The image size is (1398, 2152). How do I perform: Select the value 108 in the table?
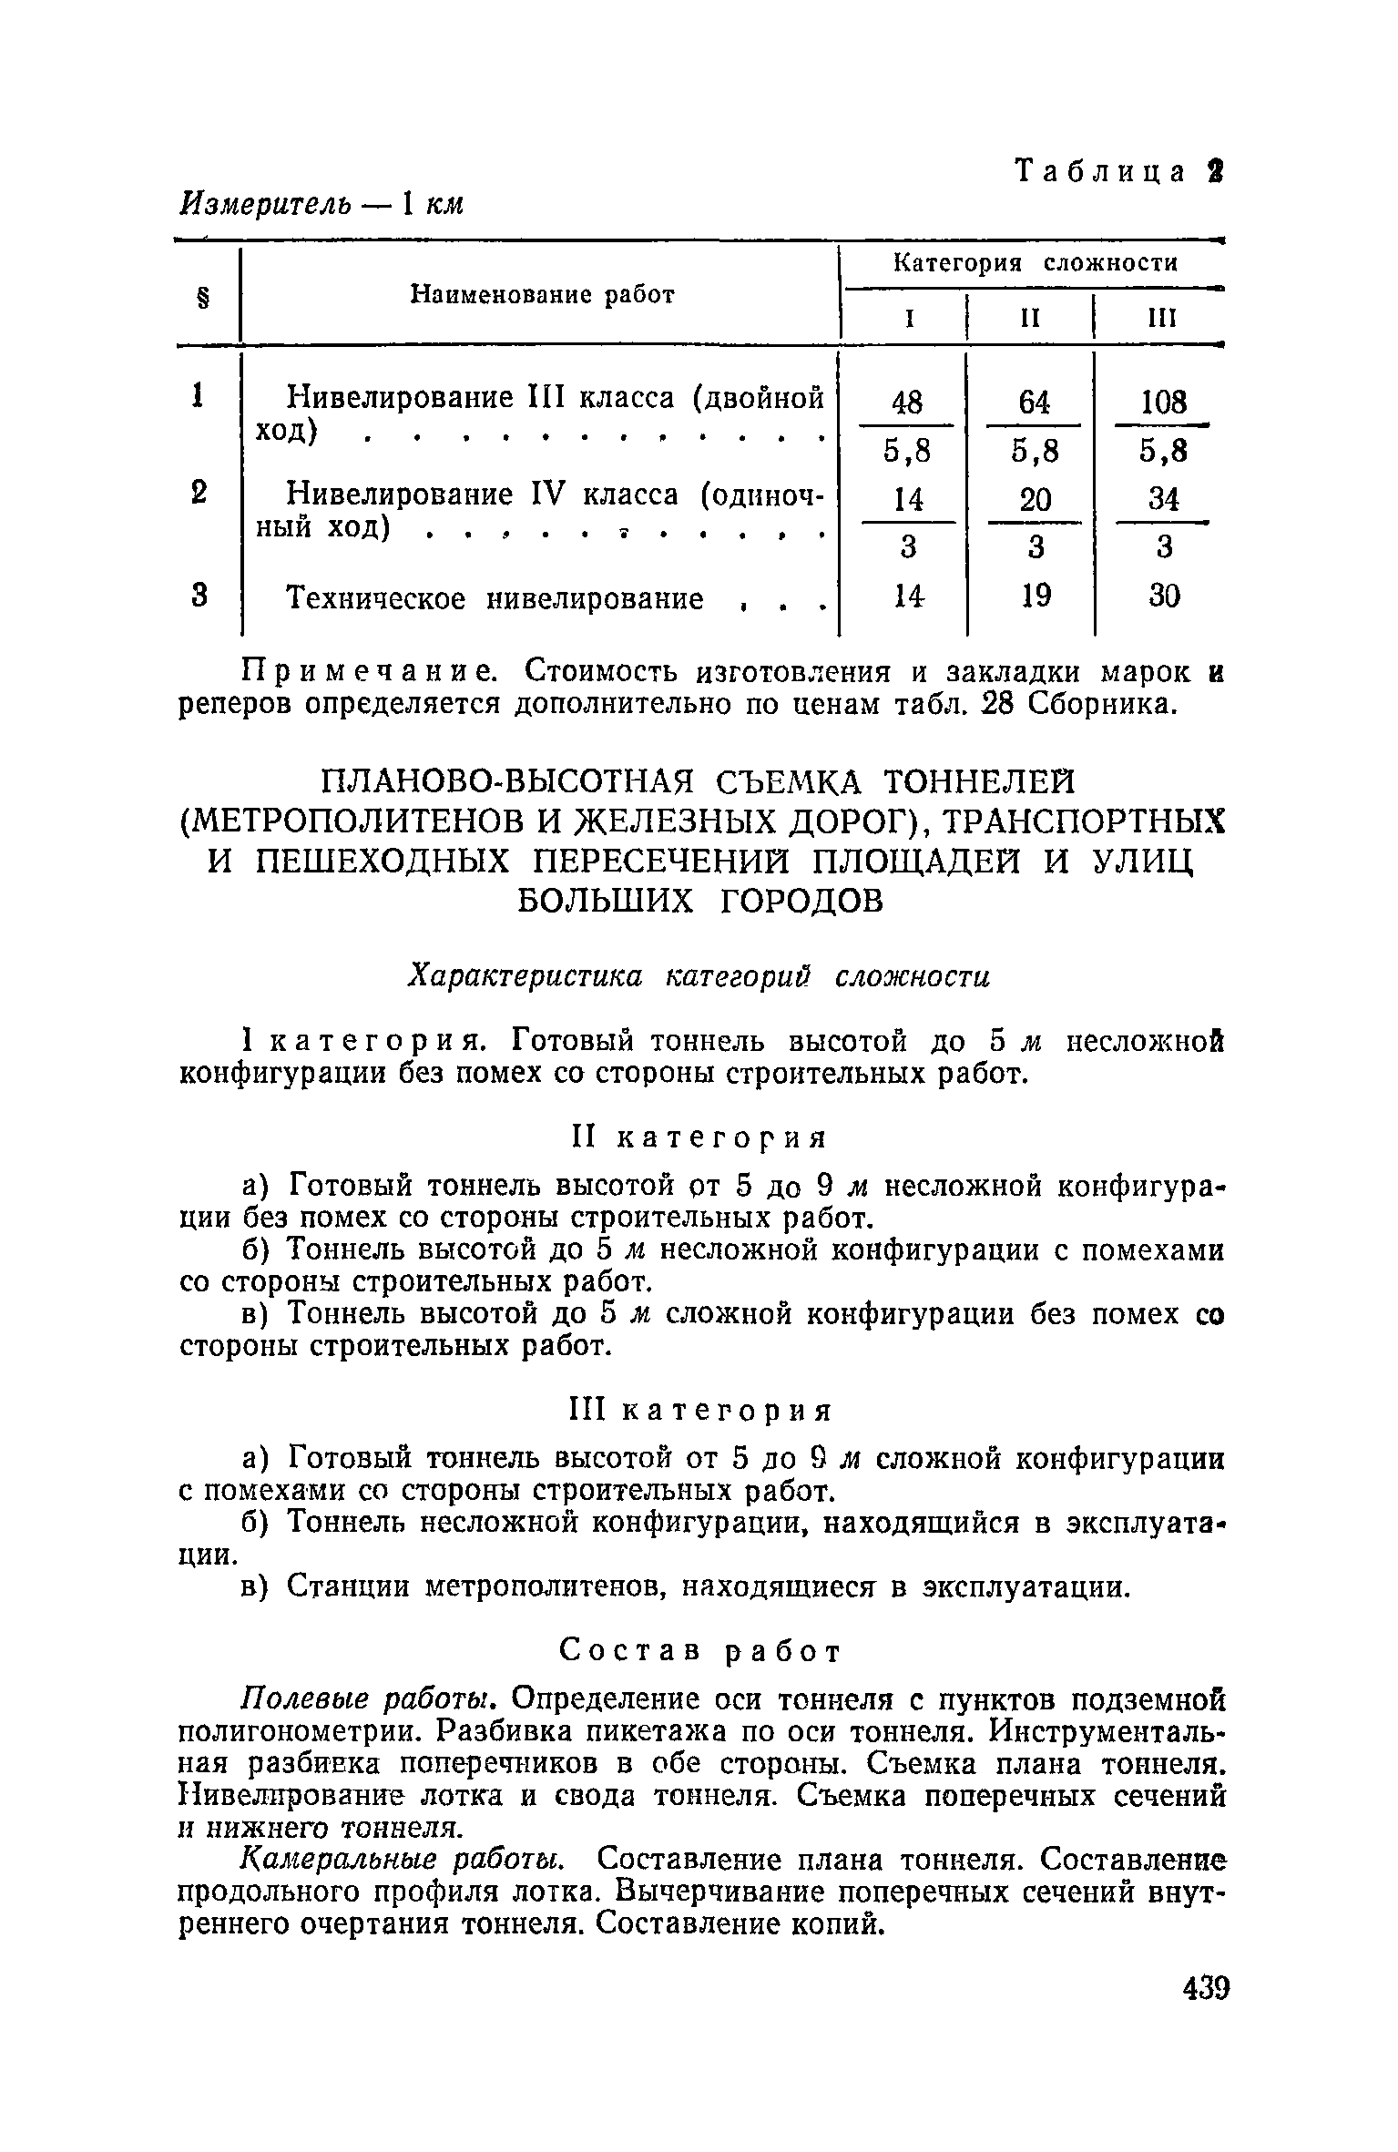click(x=1164, y=402)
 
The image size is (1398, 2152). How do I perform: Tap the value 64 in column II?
click(x=1035, y=402)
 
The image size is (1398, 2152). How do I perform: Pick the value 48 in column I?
click(x=907, y=402)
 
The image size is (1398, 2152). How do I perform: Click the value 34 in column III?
click(x=1164, y=499)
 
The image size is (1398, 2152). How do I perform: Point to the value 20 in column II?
click(x=1035, y=499)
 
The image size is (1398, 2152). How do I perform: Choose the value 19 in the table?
click(x=1036, y=596)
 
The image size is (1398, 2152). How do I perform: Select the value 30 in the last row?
click(x=1164, y=596)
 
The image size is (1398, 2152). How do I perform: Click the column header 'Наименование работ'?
click(x=543, y=294)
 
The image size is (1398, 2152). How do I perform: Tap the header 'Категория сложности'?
click(x=1036, y=263)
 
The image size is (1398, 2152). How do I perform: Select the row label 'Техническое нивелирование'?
click(x=495, y=598)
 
